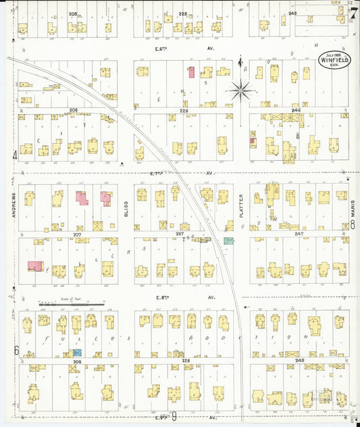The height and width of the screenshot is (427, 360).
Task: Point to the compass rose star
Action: (241, 89)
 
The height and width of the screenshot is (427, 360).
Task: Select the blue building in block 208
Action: (77, 352)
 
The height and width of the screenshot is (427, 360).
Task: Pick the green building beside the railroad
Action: (229, 240)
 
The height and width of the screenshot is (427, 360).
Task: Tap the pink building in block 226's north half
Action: (191, 72)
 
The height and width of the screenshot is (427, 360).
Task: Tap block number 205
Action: (72, 14)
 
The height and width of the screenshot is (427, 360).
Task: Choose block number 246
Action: (294, 109)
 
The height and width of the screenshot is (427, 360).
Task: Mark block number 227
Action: (180, 234)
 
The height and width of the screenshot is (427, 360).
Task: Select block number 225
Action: (182, 14)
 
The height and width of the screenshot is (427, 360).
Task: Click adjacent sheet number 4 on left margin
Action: (14, 155)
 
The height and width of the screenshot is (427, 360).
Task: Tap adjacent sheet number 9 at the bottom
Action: (174, 417)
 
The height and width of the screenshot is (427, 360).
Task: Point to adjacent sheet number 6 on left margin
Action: (15, 350)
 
